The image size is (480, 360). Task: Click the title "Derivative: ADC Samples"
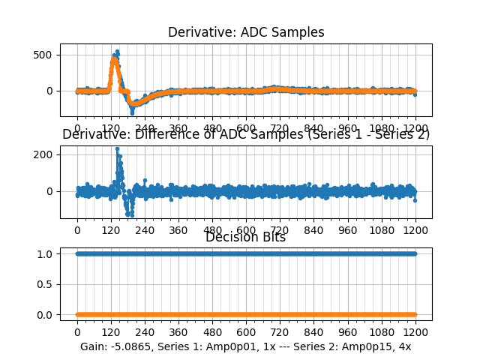tap(246, 32)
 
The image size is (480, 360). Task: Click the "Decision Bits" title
tap(246, 237)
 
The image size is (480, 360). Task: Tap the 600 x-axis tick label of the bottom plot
tap(246, 331)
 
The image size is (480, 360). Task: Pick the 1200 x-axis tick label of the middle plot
tap(415, 230)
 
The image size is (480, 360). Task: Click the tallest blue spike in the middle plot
tap(117, 148)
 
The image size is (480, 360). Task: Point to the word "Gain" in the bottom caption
tap(93, 346)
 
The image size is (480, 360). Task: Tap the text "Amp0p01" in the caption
tap(231, 346)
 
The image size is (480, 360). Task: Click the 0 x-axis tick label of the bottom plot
tap(76, 331)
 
